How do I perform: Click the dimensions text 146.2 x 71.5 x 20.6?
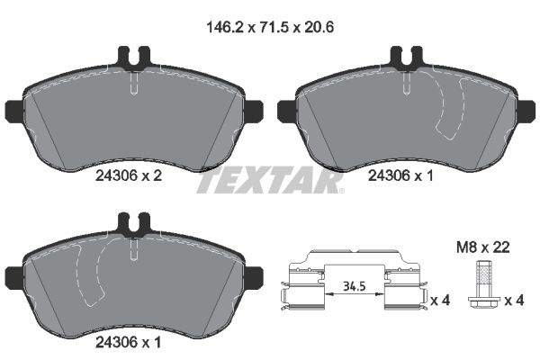point(269,28)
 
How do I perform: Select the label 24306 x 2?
point(128,178)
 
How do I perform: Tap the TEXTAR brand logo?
point(270,182)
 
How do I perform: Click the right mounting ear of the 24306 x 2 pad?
point(252,111)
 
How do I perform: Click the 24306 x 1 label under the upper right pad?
point(401,178)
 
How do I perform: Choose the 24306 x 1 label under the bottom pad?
point(128,342)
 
